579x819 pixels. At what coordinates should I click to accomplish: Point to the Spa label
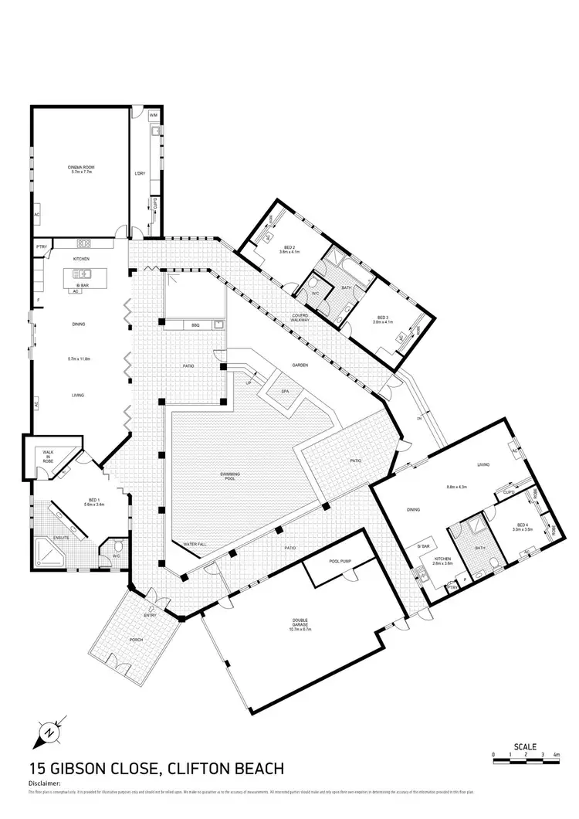(285, 393)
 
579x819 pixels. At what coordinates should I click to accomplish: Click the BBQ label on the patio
(196, 325)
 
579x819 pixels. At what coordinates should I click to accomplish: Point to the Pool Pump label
(340, 562)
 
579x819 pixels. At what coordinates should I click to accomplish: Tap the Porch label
(137, 640)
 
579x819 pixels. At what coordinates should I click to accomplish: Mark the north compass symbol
(49, 730)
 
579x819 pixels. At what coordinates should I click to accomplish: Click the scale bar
(525, 762)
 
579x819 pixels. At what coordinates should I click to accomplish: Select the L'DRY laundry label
(140, 173)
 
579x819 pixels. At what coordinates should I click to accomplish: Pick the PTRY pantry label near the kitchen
(42, 246)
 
